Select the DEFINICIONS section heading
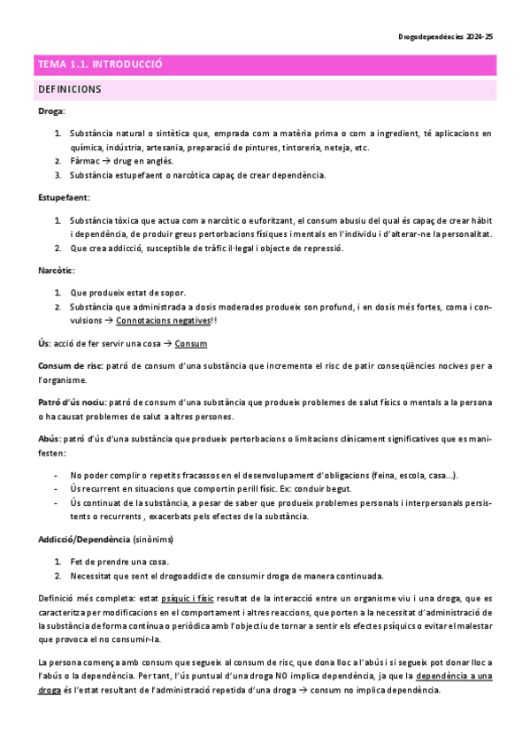tap(70, 89)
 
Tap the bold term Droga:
tap(51, 112)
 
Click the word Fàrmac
tap(86, 161)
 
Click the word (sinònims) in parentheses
tap(153, 539)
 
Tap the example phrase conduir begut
tap(325, 489)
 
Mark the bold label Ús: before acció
tap(44, 342)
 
